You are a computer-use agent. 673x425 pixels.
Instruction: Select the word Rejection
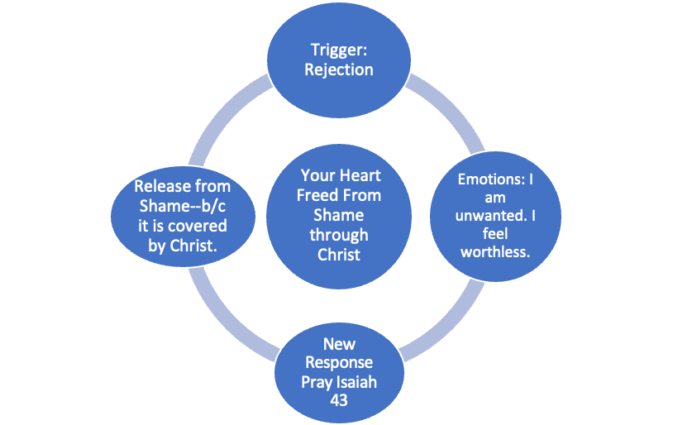(x=338, y=69)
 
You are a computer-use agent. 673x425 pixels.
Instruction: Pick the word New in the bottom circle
(x=338, y=344)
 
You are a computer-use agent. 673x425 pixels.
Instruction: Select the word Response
(x=338, y=363)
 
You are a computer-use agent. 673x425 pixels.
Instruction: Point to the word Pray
(x=317, y=382)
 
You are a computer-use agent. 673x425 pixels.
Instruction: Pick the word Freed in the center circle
(x=317, y=197)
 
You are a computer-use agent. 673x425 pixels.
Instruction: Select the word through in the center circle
(x=338, y=236)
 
